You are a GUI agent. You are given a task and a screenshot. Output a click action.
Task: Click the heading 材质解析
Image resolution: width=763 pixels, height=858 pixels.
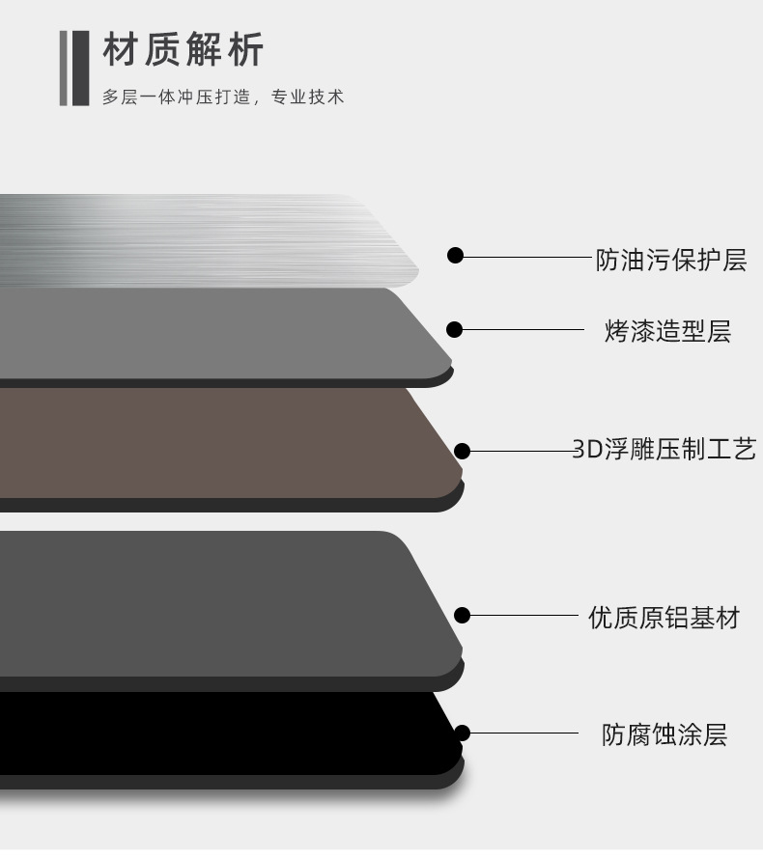(183, 50)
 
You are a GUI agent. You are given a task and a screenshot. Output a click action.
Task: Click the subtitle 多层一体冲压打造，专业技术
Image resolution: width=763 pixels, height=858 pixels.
(223, 97)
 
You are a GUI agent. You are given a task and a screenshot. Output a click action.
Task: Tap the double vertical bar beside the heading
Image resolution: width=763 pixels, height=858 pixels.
(73, 68)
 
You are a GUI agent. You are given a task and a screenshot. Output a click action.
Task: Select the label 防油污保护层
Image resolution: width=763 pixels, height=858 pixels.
(670, 260)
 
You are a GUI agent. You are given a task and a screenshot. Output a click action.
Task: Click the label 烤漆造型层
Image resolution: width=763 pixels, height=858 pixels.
(667, 331)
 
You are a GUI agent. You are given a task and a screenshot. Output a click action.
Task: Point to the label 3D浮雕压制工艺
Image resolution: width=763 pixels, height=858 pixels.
(664, 449)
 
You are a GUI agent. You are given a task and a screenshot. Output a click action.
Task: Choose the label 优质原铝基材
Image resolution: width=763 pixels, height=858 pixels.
(664, 617)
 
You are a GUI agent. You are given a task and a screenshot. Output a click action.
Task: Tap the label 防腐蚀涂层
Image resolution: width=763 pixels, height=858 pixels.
(664, 734)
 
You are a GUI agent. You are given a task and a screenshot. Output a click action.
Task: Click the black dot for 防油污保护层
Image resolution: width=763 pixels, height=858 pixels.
(455, 256)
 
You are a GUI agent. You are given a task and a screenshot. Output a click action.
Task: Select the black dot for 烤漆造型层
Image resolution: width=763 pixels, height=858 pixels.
(454, 330)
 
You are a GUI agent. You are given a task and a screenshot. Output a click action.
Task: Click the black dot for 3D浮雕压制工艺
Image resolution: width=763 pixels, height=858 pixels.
(462, 451)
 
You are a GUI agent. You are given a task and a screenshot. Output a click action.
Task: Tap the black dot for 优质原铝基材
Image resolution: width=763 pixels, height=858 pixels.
(462, 616)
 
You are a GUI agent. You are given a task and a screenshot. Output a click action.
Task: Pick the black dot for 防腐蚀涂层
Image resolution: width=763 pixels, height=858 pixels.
(462, 733)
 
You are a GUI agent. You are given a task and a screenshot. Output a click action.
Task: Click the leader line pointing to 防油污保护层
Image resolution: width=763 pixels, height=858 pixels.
(526, 257)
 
